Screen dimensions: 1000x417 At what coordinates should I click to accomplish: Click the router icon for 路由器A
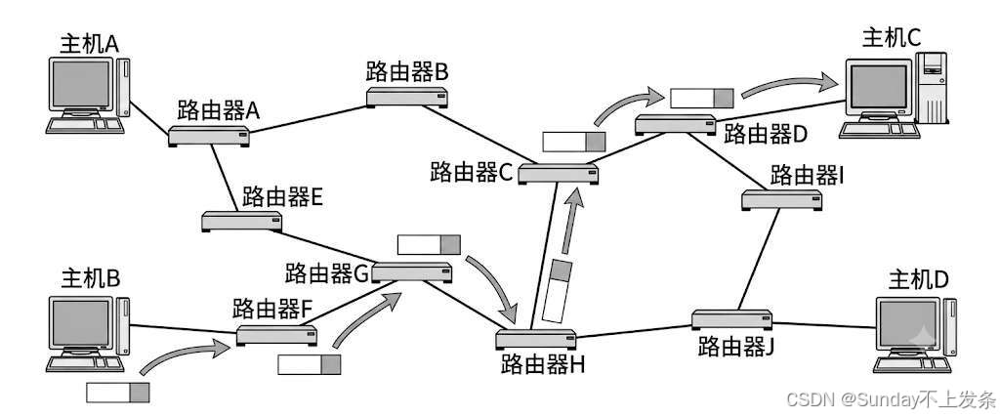[209, 136]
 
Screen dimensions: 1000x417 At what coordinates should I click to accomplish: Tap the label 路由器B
[407, 72]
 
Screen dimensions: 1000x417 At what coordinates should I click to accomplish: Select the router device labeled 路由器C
[558, 174]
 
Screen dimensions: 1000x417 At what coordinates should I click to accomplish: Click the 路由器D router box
[676, 124]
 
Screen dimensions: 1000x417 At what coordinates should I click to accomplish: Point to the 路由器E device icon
[242, 221]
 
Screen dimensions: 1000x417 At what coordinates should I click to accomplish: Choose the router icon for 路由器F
[276, 335]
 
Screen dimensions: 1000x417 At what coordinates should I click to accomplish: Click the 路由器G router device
[412, 271]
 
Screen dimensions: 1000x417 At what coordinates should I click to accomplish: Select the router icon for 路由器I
[782, 199]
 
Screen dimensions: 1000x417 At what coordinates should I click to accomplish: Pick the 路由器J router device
[732, 318]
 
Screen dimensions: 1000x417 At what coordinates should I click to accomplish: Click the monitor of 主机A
[81, 85]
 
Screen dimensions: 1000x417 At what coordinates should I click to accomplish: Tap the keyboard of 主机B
[86, 364]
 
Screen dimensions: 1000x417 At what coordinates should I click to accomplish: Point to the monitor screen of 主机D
[908, 324]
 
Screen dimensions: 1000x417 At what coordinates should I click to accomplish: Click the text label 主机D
[920, 280]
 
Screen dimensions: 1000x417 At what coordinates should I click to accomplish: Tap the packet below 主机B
[117, 393]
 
